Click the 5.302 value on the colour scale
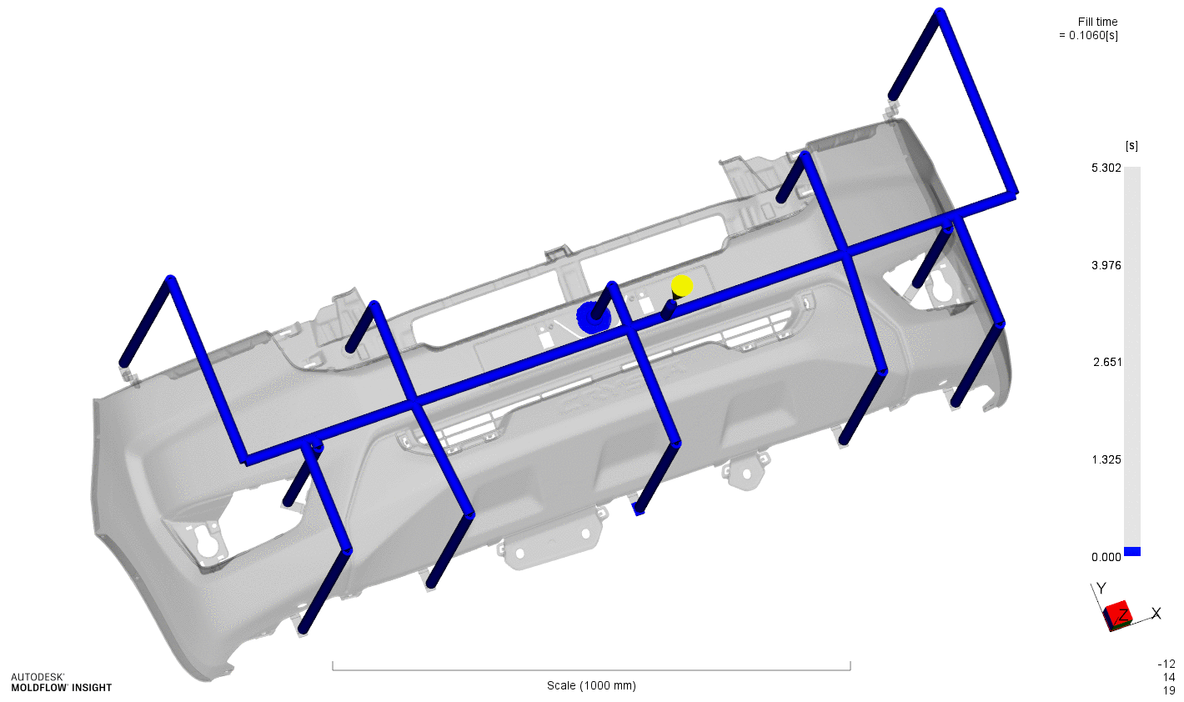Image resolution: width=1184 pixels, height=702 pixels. pyautogui.click(x=1106, y=168)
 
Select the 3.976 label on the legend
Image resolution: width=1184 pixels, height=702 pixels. pyautogui.click(x=1106, y=265)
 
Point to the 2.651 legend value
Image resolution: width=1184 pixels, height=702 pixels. pyautogui.click(x=1106, y=362)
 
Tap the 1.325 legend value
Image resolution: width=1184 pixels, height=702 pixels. pyautogui.click(x=1106, y=459)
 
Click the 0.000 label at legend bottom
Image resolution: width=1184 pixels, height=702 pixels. pyautogui.click(x=1106, y=557)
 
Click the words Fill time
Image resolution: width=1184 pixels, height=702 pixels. pyautogui.click(x=1097, y=22)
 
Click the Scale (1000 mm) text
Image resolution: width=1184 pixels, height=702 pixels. pyautogui.click(x=591, y=685)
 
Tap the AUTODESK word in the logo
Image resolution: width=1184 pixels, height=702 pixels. pyautogui.click(x=38, y=677)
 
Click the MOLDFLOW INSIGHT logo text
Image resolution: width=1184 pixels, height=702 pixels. pyautogui.click(x=61, y=688)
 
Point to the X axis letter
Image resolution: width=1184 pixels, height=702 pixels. pyautogui.click(x=1156, y=614)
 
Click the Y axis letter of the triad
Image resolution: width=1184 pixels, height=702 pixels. pyautogui.click(x=1101, y=589)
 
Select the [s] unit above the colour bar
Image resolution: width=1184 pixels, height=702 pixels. pyautogui.click(x=1131, y=146)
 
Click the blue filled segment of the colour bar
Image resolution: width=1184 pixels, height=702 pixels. pyautogui.click(x=1132, y=551)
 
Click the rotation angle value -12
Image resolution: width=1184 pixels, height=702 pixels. pyautogui.click(x=1166, y=664)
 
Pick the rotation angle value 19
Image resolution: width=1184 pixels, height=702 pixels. pyautogui.click(x=1169, y=690)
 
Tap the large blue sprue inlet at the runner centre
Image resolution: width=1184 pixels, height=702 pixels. pyautogui.click(x=594, y=317)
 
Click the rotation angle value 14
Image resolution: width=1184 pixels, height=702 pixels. pyautogui.click(x=1169, y=677)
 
